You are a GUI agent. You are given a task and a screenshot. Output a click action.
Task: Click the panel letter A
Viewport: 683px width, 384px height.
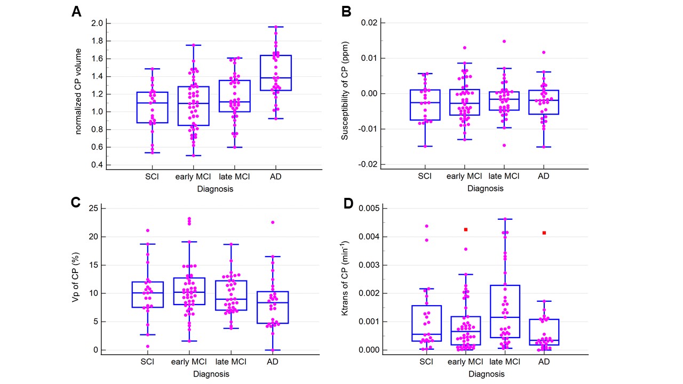point(76,12)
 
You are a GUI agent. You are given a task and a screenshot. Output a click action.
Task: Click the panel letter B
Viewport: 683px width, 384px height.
point(346,12)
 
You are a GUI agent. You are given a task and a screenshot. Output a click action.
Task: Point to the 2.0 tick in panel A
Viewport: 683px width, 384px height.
point(97,23)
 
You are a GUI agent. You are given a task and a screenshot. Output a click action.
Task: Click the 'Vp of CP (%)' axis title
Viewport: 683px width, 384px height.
point(76,279)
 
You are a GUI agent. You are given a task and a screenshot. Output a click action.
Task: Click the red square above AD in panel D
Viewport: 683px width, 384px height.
point(544,233)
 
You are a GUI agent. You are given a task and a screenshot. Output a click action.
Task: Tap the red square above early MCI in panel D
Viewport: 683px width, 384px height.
point(465,229)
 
